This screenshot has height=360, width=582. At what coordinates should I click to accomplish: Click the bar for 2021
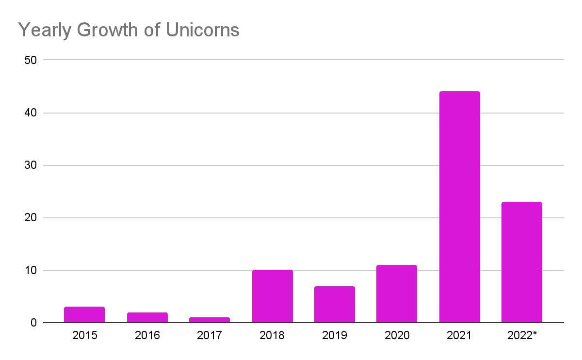(x=459, y=207)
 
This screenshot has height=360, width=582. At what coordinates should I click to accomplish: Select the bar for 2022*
(x=521, y=262)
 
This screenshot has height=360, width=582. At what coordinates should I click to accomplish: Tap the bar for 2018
(x=272, y=296)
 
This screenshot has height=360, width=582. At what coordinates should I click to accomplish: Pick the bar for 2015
(x=84, y=314)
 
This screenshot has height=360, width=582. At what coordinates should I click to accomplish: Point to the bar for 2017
(x=210, y=320)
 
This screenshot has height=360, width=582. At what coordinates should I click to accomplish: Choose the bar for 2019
(x=334, y=304)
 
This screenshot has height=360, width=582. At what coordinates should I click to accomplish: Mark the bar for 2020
(x=397, y=294)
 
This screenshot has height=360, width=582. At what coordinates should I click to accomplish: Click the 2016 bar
(x=147, y=317)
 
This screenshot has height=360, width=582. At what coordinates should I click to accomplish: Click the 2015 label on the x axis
(x=84, y=335)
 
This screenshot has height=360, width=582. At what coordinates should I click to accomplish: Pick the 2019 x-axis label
(x=334, y=335)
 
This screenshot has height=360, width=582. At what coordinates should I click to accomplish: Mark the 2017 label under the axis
(x=210, y=335)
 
